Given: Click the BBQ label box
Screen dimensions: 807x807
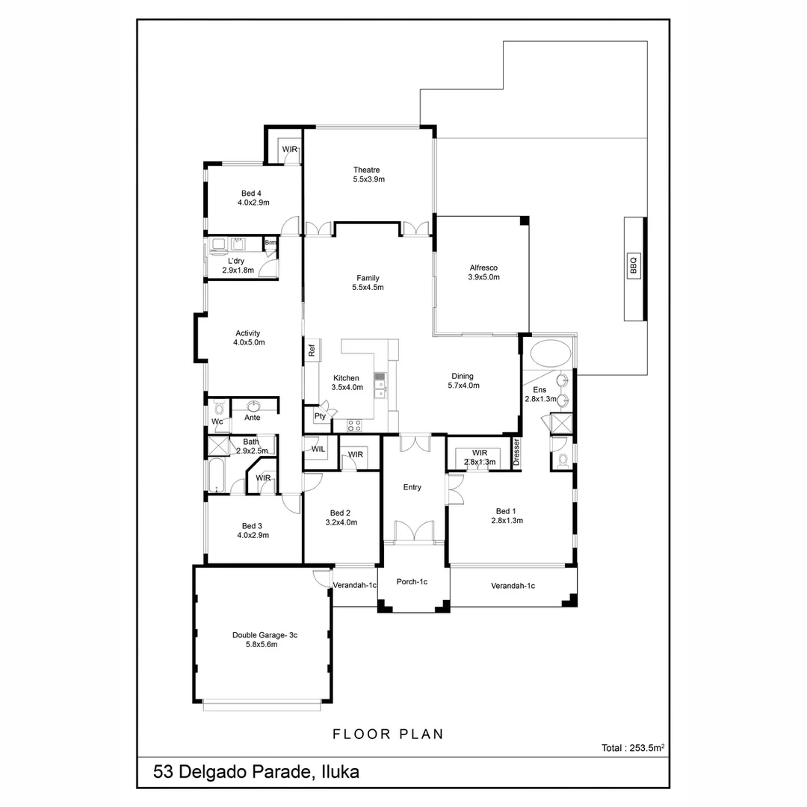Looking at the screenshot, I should click(633, 266).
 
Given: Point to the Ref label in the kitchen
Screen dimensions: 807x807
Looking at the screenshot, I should click(312, 349).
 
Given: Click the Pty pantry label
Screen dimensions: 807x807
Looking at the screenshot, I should click(319, 416).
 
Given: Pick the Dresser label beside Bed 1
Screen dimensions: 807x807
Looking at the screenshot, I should click(516, 453).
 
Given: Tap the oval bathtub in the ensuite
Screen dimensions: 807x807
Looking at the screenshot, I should click(550, 352).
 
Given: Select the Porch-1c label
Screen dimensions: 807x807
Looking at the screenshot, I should click(412, 582).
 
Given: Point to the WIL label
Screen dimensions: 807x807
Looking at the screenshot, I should click(318, 449).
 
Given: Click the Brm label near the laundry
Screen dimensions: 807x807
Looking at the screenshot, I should click(270, 243).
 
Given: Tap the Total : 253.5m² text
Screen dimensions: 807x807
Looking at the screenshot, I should click(633, 747).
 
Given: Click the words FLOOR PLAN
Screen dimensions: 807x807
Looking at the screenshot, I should click(388, 735).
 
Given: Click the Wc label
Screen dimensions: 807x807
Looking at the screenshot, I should click(217, 421).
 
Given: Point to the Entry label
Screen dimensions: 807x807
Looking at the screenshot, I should click(412, 487).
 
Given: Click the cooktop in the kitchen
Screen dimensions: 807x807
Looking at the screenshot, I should click(354, 425).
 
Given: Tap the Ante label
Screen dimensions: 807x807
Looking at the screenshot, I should click(253, 418).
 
